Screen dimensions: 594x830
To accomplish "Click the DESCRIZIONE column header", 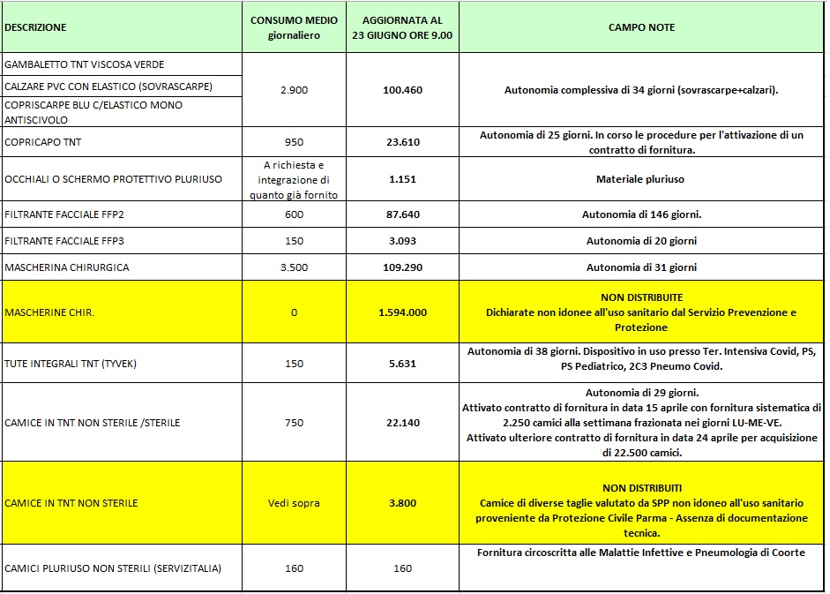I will click(35, 27).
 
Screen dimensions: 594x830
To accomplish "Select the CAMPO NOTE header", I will click(641, 27).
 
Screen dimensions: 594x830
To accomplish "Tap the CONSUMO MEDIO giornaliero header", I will click(294, 27).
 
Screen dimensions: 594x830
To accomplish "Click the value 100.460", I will click(402, 90).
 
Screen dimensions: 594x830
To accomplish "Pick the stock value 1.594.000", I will click(402, 312).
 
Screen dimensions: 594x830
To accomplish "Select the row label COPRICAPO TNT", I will click(43, 142).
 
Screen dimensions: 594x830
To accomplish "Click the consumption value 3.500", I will click(294, 267).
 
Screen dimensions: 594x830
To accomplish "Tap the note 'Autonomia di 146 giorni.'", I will click(641, 214).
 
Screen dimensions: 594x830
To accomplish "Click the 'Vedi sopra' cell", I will click(294, 503).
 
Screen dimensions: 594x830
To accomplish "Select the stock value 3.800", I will click(402, 503).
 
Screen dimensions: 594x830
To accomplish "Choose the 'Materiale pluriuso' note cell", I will click(641, 179).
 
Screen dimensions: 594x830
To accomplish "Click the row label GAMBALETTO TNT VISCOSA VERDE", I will click(85, 64).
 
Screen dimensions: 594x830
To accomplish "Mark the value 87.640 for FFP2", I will click(402, 214).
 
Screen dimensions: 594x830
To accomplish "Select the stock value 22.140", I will click(402, 423).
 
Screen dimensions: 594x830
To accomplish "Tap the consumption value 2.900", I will click(294, 90).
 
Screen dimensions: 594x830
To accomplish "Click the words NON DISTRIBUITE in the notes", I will click(641, 297).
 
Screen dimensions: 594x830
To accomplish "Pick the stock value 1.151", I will click(402, 179).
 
